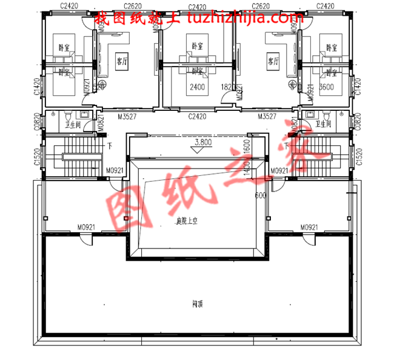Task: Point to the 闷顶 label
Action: [x=196, y=304]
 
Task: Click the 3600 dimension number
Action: [x=327, y=87]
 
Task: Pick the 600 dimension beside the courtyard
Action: [x=261, y=195]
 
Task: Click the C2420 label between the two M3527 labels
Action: [x=197, y=116]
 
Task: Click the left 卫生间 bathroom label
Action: [x=74, y=125]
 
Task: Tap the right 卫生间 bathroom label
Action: [x=323, y=124]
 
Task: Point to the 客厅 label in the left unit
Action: [x=121, y=62]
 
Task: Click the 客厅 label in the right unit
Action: [x=273, y=62]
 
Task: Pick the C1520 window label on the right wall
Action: [x=359, y=156]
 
